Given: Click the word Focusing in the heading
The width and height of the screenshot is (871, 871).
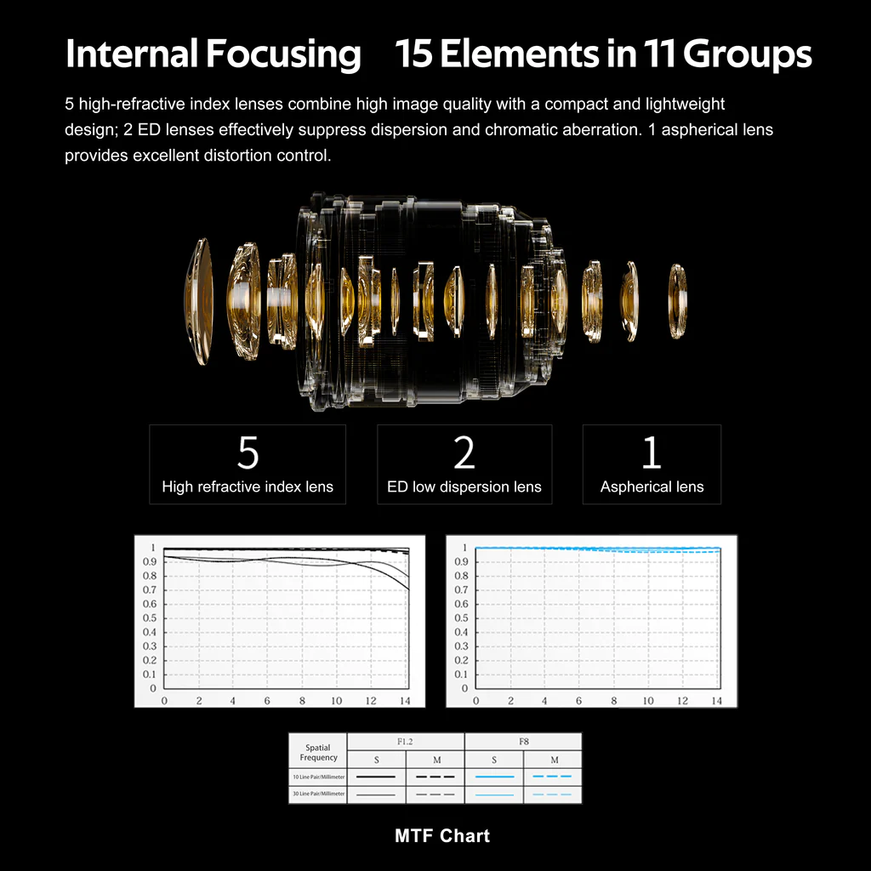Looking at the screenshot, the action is [x=283, y=54].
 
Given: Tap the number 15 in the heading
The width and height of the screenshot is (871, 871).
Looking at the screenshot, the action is [x=414, y=54].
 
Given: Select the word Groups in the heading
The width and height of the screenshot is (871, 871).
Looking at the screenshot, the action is [x=747, y=54].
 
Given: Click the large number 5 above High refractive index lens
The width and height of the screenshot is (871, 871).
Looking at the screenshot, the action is [x=248, y=453].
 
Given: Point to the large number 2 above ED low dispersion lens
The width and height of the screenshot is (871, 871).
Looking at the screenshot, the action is [x=464, y=453].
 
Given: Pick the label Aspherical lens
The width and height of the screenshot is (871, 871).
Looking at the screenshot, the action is [x=652, y=487].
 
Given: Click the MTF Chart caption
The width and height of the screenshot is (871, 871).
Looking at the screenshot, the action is [x=442, y=835].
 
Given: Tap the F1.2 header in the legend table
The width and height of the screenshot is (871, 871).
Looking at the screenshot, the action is [x=405, y=742].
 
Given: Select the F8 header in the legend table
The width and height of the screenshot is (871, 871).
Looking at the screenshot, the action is [x=524, y=742].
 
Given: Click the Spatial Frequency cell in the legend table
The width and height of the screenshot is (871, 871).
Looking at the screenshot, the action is [x=318, y=752].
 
